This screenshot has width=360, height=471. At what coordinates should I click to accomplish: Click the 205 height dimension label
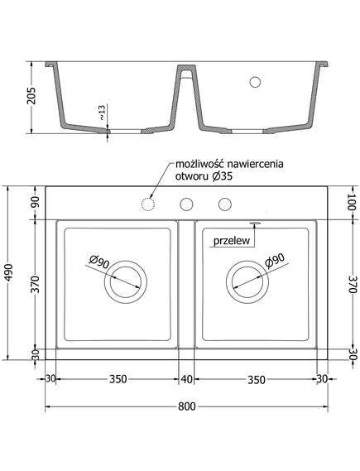(x=31, y=96)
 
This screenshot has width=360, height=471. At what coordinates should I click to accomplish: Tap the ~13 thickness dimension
(x=103, y=113)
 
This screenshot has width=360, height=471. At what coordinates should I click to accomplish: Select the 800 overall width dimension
(x=186, y=406)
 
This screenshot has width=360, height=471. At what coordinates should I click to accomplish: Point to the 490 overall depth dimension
(x=10, y=272)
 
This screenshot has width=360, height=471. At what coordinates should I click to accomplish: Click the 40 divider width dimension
(x=186, y=379)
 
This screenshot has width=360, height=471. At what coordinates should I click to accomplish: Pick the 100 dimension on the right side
(x=351, y=202)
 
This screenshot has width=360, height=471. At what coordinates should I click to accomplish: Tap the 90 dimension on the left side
(x=36, y=202)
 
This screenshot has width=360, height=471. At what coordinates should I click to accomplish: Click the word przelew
(x=232, y=241)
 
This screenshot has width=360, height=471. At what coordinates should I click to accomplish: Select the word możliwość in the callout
(x=200, y=164)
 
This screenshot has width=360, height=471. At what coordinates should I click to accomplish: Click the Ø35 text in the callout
(x=222, y=176)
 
